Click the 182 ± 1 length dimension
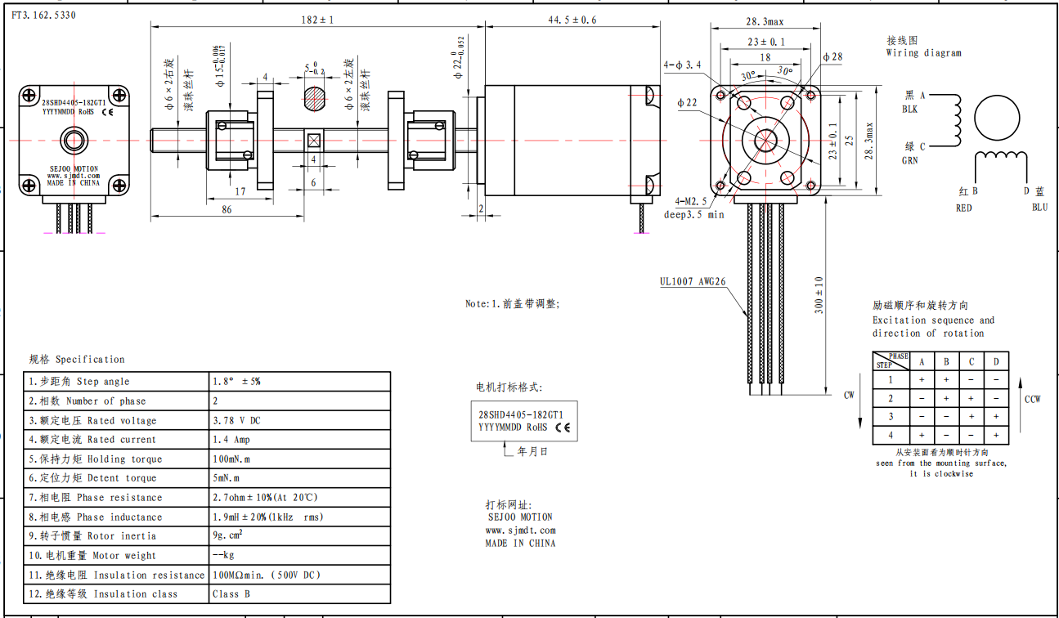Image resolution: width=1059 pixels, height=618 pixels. tap(317, 20)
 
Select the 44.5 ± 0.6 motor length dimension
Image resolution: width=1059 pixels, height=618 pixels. tap(572, 20)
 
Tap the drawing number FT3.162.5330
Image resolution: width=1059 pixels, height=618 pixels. tap(43, 15)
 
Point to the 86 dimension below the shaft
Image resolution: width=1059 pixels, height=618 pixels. tap(227, 209)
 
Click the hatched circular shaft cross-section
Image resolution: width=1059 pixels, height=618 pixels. tap(314, 99)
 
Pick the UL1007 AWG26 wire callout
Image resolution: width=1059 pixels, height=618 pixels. tap(693, 281)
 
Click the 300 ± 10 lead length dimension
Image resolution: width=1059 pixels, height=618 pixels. tap(819, 295)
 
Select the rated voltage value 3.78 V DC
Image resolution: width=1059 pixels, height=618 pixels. tap(236, 420)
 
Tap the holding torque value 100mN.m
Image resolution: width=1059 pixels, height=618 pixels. tap(231, 459)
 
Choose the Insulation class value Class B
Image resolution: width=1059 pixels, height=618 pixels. tap(231, 594)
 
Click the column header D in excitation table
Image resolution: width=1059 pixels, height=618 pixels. tap(996, 362)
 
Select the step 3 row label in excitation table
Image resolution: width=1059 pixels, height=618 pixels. tap(891, 417)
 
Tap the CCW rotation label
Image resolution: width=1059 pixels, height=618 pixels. tap(1033, 399)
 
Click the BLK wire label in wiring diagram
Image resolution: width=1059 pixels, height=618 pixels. tap(909, 110)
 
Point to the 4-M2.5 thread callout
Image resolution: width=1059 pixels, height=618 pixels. tap(691, 202)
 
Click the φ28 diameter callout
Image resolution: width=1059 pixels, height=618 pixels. tap(832, 56)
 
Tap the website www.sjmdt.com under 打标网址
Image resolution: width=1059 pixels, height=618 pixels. tap(521, 530)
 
